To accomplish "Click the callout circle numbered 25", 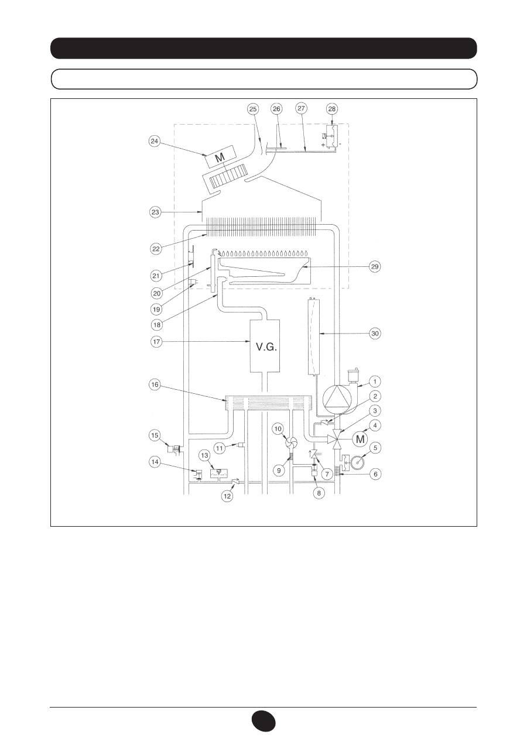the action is [x=253, y=109].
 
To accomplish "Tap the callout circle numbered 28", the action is [x=332, y=109].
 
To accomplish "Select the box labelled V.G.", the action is [x=265, y=346].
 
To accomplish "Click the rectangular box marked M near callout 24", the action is [x=220, y=157].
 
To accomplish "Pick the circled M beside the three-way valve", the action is [x=360, y=440].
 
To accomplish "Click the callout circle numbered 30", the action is [x=375, y=333].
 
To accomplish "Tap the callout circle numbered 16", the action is [x=155, y=385].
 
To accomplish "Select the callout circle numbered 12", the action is [x=227, y=496].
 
